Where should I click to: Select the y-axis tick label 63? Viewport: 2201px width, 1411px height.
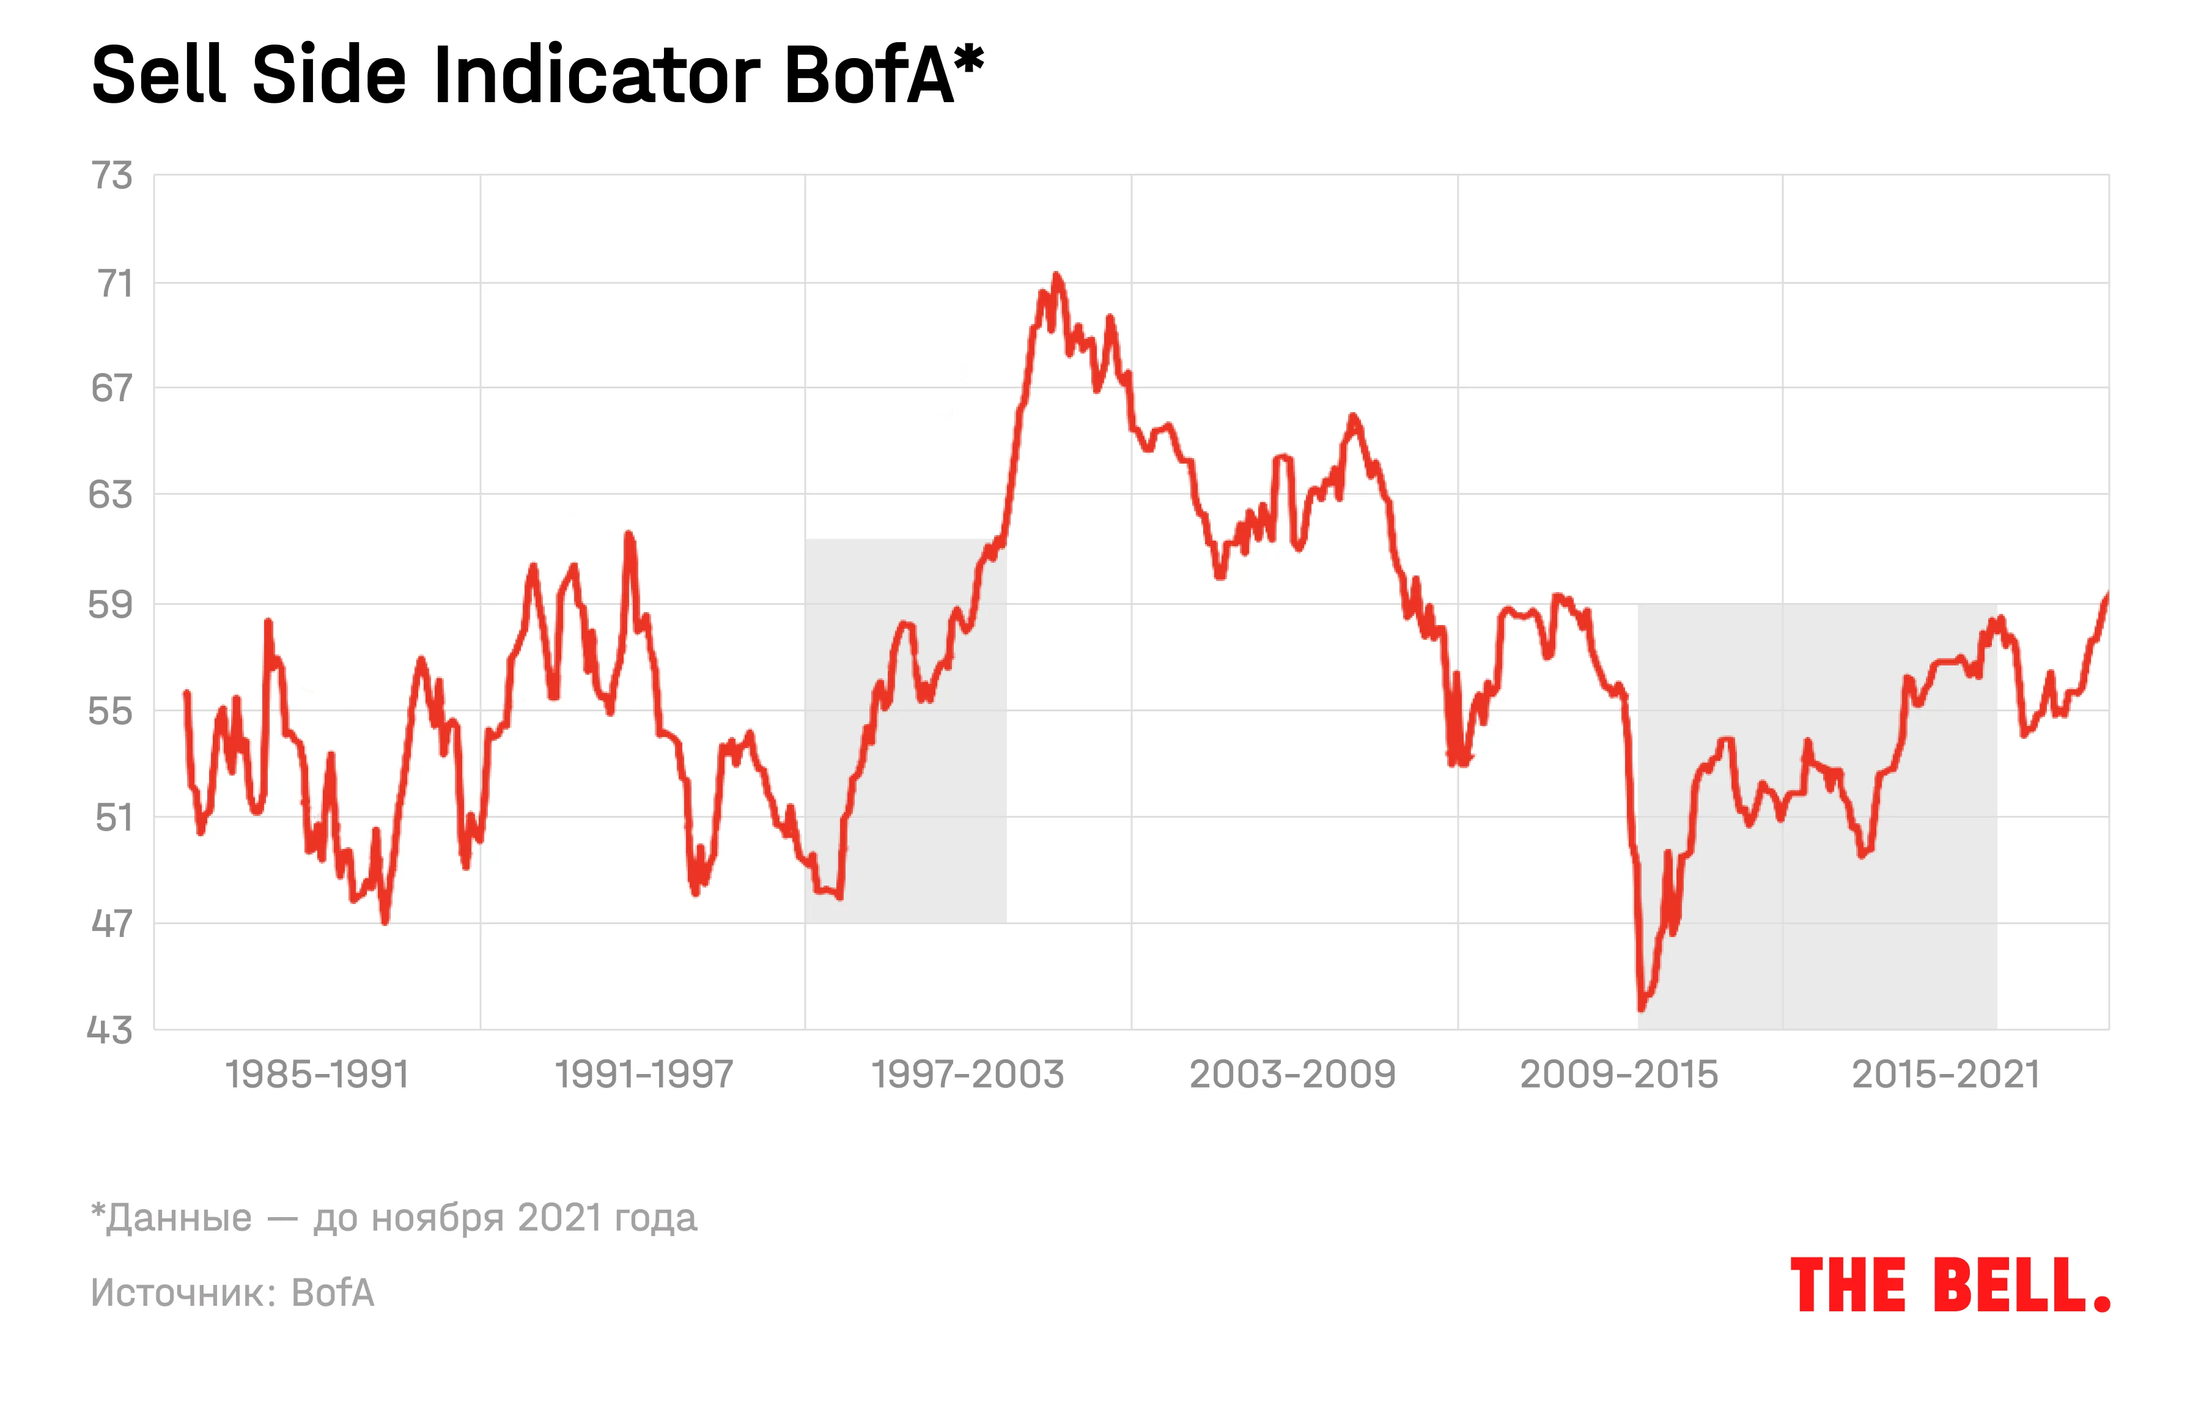(x=111, y=495)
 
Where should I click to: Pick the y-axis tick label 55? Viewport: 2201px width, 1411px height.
(x=111, y=711)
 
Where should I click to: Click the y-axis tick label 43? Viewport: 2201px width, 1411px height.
(x=110, y=1031)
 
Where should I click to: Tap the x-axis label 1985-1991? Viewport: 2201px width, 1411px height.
(x=317, y=1075)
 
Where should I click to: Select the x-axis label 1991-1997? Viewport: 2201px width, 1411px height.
(x=644, y=1075)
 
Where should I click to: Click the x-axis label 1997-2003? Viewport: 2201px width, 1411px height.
(x=967, y=1075)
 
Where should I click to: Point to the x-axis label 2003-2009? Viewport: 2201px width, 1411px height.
(x=1292, y=1075)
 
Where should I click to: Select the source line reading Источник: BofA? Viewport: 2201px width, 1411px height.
(x=233, y=1293)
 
